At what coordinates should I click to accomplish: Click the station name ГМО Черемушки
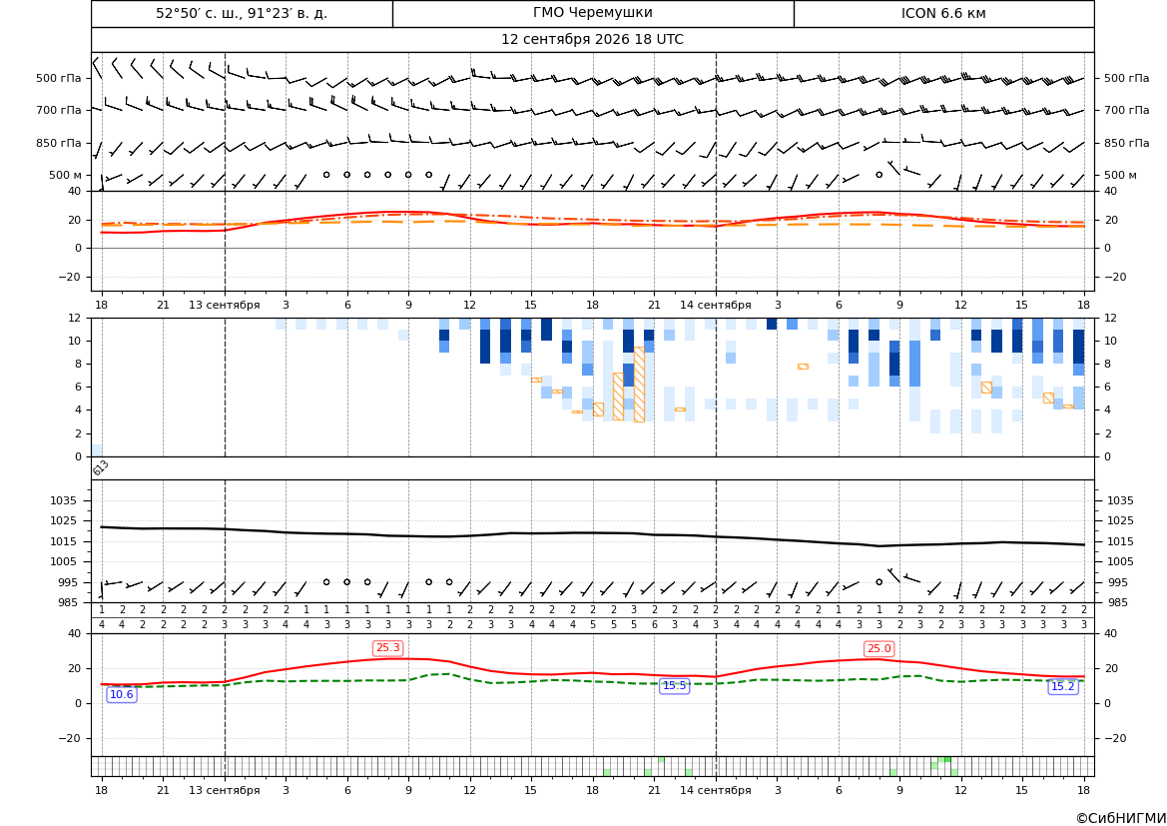592,13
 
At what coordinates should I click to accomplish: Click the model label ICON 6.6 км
943,13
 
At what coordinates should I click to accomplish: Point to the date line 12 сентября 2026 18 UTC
592,40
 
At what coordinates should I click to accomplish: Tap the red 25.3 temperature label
387,648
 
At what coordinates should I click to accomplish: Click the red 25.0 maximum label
878,649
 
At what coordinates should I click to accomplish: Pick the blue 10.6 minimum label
122,695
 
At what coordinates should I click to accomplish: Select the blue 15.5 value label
674,686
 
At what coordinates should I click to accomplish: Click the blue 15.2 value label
1062,687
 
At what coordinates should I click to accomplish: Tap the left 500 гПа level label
58,78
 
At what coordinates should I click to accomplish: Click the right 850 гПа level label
1127,143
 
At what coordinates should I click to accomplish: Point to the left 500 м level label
65,175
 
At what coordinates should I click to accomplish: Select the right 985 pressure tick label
1117,602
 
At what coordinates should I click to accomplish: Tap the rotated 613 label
101,467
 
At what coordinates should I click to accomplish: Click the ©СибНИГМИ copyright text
1121,818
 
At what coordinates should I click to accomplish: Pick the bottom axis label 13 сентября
224,790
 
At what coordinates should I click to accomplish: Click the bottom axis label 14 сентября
716,790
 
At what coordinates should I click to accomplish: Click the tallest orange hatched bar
639,385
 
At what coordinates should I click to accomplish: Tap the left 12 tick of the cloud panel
75,318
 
